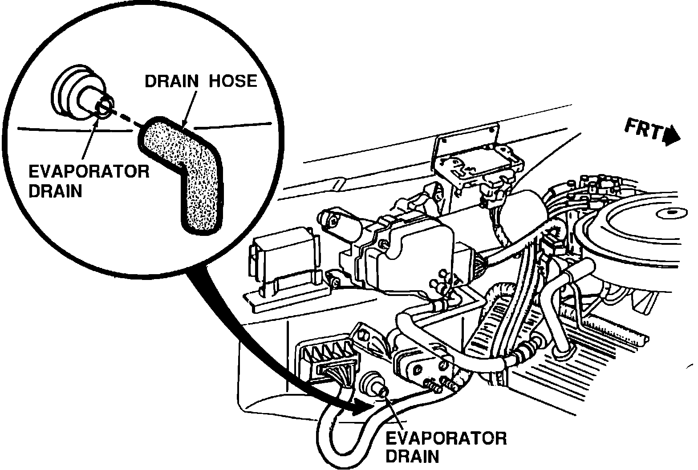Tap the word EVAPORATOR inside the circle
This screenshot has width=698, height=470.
pyautogui.click(x=89, y=172)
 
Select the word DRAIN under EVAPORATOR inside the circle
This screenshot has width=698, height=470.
pyautogui.click(x=55, y=191)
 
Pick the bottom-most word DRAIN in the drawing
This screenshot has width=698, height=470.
pyautogui.click(x=412, y=457)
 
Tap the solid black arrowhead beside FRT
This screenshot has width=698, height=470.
pyautogui.click(x=671, y=136)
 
